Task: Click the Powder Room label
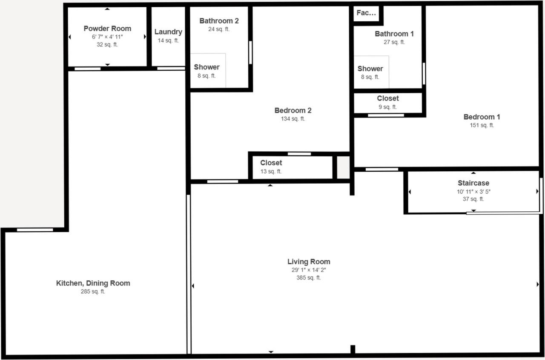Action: pos(107,29)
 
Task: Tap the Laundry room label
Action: pos(168,32)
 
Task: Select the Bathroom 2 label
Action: pos(219,21)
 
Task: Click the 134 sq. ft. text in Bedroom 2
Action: pos(293,119)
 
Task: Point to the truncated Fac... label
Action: pos(366,13)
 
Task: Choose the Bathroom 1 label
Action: pos(394,34)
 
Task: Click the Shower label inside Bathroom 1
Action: pos(370,69)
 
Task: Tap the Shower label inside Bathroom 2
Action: pos(207,67)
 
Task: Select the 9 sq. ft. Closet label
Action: pos(387,98)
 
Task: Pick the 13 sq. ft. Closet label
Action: pos(271,163)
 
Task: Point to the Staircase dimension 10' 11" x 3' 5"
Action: pos(473,192)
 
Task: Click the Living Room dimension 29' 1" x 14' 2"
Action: pos(308,270)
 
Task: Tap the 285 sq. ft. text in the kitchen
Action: pos(93,292)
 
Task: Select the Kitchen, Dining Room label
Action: pos(93,283)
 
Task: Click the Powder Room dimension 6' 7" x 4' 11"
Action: pos(107,37)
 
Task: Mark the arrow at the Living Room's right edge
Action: pos(538,284)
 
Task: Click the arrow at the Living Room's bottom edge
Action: pos(271,352)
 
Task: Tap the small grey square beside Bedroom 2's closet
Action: pos(343,167)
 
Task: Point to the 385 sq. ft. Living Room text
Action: pos(308,278)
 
